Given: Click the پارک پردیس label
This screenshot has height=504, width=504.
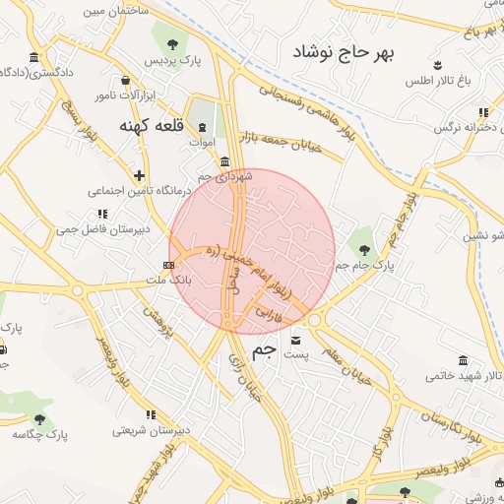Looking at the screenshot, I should click(x=172, y=61).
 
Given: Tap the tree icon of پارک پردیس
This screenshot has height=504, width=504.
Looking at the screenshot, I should click(x=173, y=43).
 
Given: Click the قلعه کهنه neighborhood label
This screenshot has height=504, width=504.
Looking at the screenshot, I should click(x=148, y=126).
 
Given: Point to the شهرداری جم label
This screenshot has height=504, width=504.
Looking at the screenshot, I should click(x=225, y=175).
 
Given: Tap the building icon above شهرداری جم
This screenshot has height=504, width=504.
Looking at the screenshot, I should click(x=225, y=160).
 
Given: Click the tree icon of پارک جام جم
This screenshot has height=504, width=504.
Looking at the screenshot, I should click(x=365, y=247).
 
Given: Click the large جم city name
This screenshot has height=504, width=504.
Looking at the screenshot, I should click(x=264, y=351).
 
